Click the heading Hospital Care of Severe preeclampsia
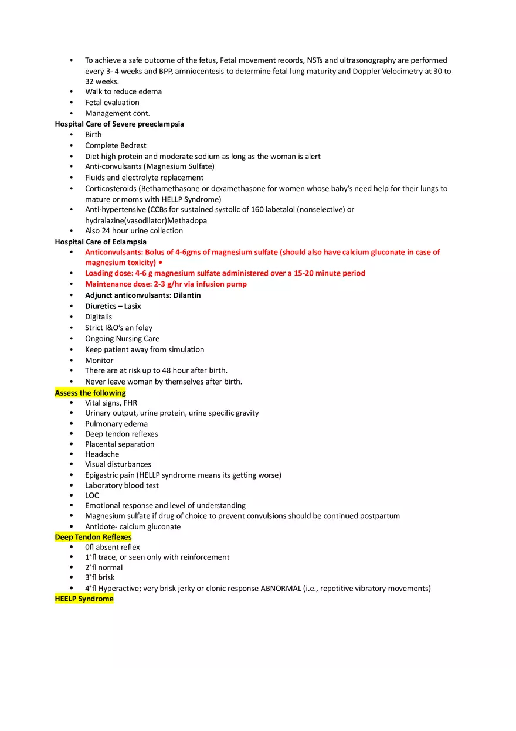[x=119, y=124]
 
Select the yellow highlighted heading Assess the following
[x=90, y=393]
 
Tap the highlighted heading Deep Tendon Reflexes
[x=93, y=537]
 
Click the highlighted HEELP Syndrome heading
[x=84, y=599]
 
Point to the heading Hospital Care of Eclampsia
[x=100, y=242]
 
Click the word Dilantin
[x=186, y=295]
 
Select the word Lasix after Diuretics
[x=133, y=306]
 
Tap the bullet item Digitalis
[x=99, y=317]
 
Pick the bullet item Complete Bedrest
[x=116, y=145]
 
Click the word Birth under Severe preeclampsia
[x=93, y=134]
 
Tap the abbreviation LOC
[x=92, y=495]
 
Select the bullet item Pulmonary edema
[x=116, y=424]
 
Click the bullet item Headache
[x=102, y=454]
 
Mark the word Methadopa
[x=187, y=220]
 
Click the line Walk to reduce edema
[x=123, y=91]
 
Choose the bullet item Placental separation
[x=120, y=444]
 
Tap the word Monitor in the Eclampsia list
[x=99, y=361]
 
